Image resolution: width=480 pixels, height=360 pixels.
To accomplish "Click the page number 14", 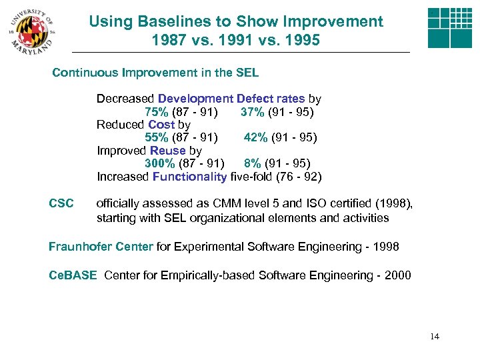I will tap(435, 337).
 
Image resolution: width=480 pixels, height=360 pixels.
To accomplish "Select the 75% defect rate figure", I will tap(157, 111).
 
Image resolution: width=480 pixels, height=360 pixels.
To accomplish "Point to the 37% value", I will tap(253, 111).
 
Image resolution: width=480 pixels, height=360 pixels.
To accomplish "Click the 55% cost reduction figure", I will tap(157, 137).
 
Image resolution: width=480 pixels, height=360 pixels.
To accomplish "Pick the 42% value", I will tap(256, 137).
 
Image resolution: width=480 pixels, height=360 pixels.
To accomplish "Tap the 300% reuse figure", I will tap(160, 163).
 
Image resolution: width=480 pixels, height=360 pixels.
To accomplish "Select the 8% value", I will tap(252, 163).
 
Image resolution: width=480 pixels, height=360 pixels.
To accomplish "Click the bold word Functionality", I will tap(189, 177).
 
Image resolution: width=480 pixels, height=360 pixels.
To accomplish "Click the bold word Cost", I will tap(161, 125).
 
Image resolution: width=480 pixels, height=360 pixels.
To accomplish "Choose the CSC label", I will tap(61, 203).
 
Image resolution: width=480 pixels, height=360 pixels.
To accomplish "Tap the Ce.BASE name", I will tap(73, 275).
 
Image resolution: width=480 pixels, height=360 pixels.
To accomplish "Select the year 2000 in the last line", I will tap(397, 275).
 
